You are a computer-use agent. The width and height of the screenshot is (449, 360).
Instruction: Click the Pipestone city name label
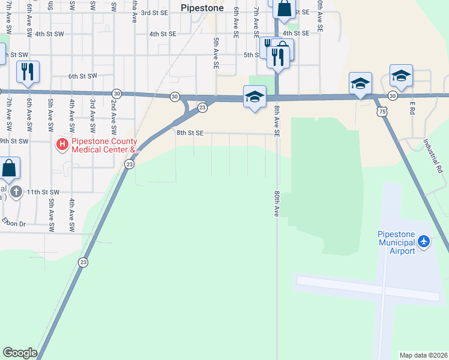click(202, 8)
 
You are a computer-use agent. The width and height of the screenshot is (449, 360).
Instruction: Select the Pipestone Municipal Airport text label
click(396, 242)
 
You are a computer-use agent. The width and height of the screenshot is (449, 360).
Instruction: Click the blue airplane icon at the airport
click(424, 241)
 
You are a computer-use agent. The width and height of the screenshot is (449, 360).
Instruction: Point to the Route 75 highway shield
click(382, 112)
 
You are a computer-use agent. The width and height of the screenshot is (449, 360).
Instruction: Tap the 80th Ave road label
click(277, 203)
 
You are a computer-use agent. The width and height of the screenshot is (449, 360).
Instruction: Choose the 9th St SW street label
click(14, 141)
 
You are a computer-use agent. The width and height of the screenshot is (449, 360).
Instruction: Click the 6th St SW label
click(82, 76)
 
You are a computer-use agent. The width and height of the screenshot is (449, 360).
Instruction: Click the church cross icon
click(17, 192)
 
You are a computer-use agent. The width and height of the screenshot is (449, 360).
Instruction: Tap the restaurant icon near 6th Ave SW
click(28, 72)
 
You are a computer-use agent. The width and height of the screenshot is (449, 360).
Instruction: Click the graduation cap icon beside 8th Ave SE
click(255, 97)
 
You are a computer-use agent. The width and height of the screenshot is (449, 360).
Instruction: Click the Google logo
click(19, 353)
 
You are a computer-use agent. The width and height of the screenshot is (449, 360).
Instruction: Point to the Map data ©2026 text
click(423, 355)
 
